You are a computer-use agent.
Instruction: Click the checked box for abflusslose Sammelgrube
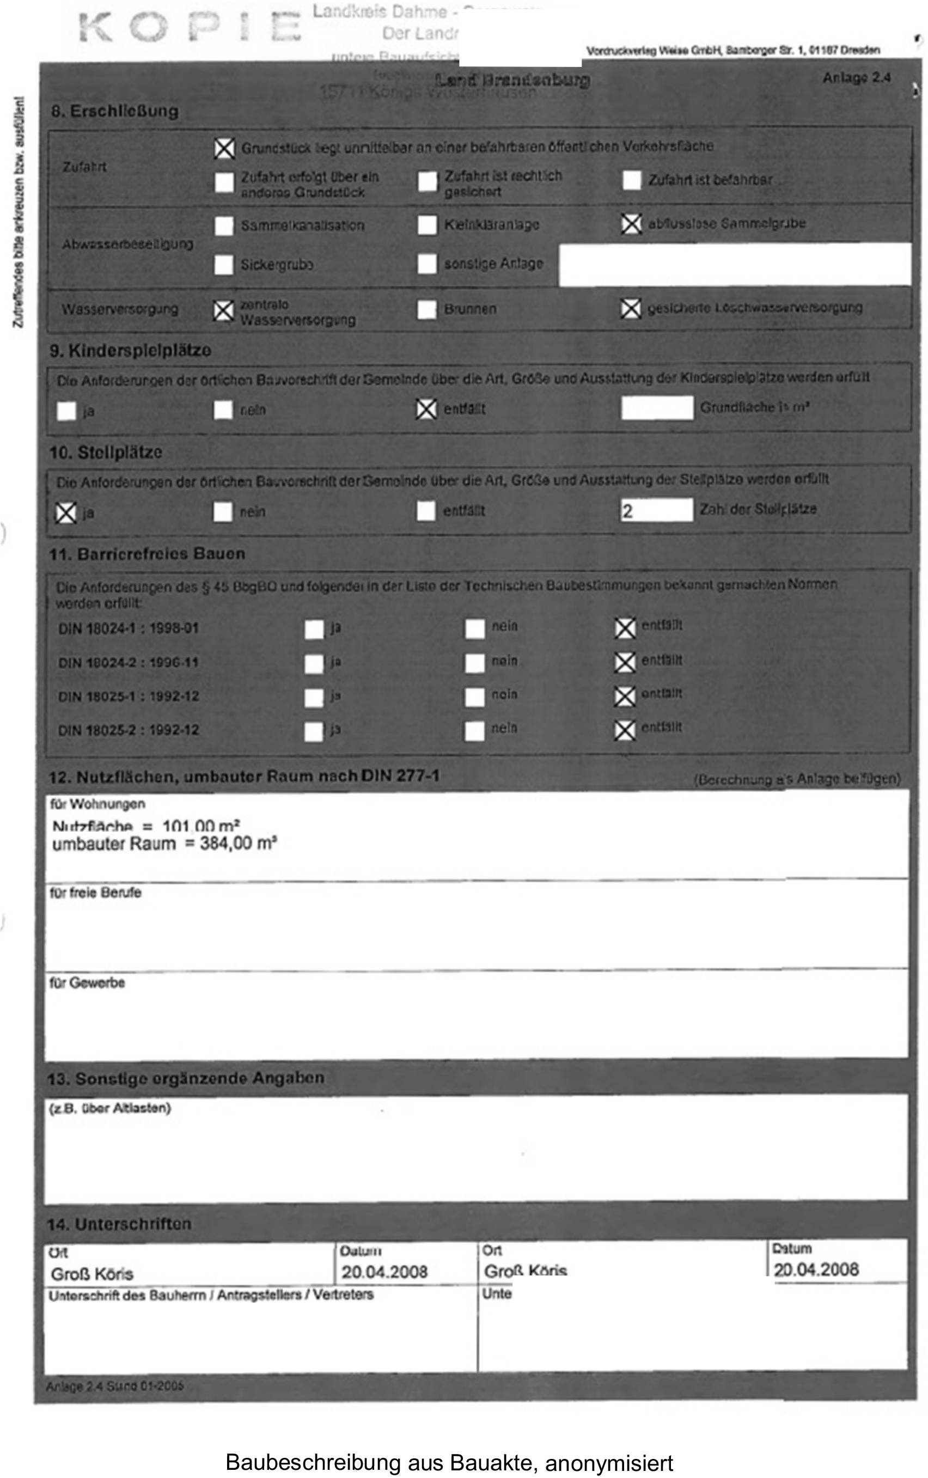(631, 224)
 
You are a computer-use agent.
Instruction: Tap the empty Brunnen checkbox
(426, 309)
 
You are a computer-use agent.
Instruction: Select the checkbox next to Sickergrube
(224, 265)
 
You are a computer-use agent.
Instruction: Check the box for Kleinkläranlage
(427, 225)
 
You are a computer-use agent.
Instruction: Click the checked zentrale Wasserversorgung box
(224, 310)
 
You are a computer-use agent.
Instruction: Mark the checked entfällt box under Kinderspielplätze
(426, 410)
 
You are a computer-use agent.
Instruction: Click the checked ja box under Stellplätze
(66, 513)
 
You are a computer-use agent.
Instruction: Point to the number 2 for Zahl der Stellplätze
(627, 511)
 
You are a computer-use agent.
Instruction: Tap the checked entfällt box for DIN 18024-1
(625, 628)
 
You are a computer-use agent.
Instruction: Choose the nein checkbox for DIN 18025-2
(474, 730)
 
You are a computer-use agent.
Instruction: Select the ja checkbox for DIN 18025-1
(314, 697)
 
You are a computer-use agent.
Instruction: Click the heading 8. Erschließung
(115, 111)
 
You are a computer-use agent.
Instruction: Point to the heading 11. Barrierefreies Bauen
(147, 554)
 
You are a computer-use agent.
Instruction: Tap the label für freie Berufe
(96, 893)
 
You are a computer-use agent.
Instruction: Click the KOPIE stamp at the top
(190, 28)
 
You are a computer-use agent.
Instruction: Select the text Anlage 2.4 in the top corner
(856, 78)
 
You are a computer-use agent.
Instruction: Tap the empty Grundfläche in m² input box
(657, 408)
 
